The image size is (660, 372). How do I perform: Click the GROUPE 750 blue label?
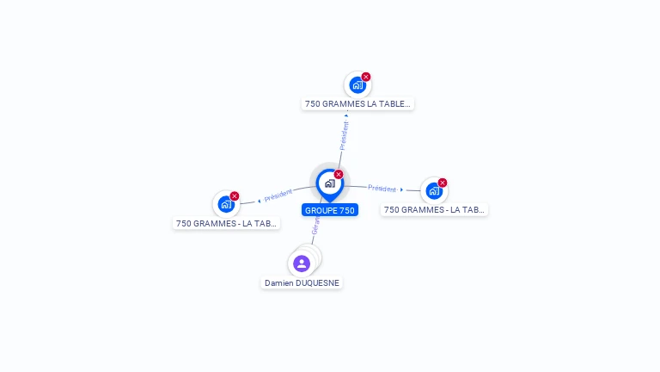click(329, 210)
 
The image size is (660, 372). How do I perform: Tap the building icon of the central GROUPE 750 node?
click(329, 183)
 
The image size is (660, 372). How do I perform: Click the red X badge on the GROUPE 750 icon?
click(339, 175)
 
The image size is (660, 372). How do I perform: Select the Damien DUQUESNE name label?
click(302, 282)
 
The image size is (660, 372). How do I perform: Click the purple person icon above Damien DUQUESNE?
click(301, 263)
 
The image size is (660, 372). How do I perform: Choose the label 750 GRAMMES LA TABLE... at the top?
click(357, 104)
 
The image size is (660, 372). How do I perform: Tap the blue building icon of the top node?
click(357, 85)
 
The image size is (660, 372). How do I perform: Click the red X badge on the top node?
click(366, 77)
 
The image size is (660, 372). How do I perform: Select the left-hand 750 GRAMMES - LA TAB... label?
click(227, 223)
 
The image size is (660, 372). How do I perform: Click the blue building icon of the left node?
click(226, 204)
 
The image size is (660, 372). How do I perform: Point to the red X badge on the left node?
click(235, 196)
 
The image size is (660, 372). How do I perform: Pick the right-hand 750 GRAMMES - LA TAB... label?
click(434, 209)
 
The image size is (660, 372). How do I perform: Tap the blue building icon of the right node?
click(434, 190)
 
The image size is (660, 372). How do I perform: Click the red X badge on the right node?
click(443, 183)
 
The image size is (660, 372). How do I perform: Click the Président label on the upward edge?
click(345, 136)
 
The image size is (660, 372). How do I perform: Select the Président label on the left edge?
click(278, 195)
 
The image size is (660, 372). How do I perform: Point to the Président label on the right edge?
click(382, 188)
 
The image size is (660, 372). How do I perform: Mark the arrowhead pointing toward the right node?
click(401, 189)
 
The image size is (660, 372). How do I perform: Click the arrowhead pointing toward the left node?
click(260, 201)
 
